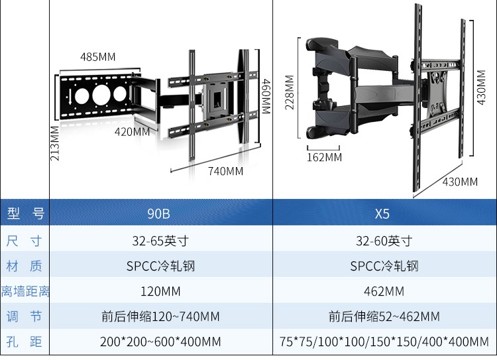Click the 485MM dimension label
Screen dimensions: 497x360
(x=97, y=57)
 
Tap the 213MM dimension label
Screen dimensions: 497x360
(x=55, y=143)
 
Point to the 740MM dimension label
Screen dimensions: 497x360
(x=226, y=171)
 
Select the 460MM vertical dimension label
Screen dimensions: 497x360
(x=266, y=97)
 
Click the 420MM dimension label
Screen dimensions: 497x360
(x=132, y=132)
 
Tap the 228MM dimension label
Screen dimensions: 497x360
(x=290, y=92)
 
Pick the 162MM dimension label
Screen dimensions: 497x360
(x=324, y=157)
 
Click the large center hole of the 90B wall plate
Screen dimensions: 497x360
(x=101, y=95)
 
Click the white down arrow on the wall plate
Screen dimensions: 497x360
(x=70, y=97)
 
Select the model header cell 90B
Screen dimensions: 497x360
(x=159, y=213)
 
